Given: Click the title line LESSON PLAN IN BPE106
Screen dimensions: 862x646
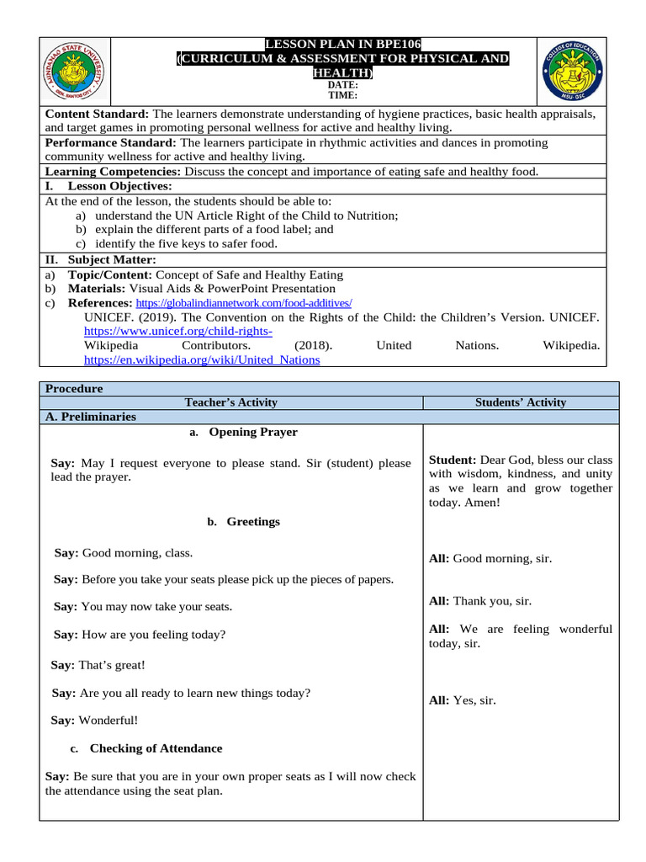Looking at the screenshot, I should pos(343,44).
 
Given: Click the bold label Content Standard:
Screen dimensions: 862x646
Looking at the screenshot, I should pos(97,114).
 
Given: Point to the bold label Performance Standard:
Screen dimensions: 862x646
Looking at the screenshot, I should pos(111,142).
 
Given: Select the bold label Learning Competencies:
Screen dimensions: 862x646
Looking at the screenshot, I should pos(113,171).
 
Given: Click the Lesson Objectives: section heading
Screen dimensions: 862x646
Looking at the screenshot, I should pos(119,186).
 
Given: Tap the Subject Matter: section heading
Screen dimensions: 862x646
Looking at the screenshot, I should pos(112,259).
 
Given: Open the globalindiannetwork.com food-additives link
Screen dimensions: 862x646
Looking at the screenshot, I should pos(243,302).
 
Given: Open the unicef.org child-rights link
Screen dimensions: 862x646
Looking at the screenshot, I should pos(178,332).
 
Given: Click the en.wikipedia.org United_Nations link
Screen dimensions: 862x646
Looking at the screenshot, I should pos(202,359).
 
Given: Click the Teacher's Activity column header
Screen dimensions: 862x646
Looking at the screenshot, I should pos(230,402).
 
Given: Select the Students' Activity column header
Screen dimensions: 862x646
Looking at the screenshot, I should pos(521,402).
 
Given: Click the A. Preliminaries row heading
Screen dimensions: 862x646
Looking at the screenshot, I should pos(91,417).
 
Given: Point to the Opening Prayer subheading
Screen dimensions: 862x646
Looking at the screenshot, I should pos(252,432).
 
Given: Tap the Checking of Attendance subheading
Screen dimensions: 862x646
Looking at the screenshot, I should pos(156,748).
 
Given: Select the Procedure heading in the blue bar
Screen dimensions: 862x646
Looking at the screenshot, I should pos(74,389).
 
